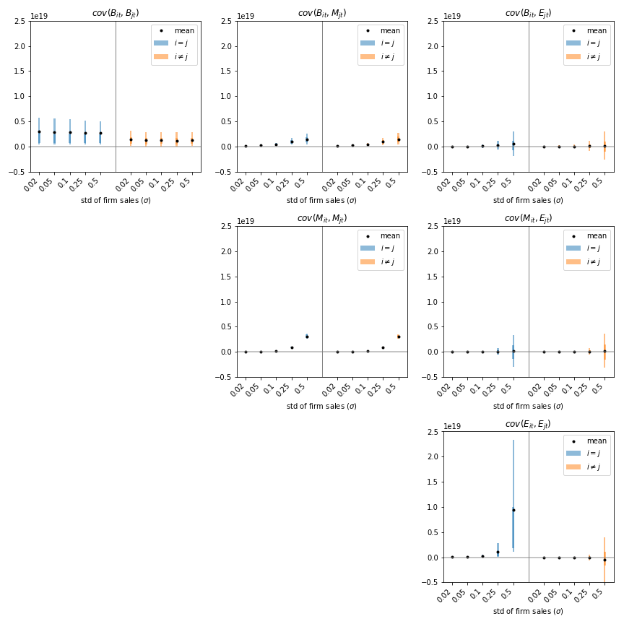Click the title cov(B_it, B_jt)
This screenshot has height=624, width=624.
pos(116,13)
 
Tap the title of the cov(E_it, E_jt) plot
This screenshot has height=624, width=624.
pos(528,424)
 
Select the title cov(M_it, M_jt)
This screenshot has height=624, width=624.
pos(322,218)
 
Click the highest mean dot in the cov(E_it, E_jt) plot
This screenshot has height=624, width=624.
pos(513,510)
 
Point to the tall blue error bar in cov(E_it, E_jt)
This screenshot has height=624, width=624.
pos(513,477)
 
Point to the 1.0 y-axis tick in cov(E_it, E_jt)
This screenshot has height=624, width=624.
pos(433,507)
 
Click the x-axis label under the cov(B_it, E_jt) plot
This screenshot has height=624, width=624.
pos(528,200)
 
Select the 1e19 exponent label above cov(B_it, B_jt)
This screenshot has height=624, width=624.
pos(39,16)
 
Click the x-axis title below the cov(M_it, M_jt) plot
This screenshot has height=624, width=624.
pos(322,406)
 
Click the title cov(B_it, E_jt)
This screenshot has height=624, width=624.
pos(528,13)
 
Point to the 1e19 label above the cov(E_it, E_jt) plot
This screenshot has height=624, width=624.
pos(452,427)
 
